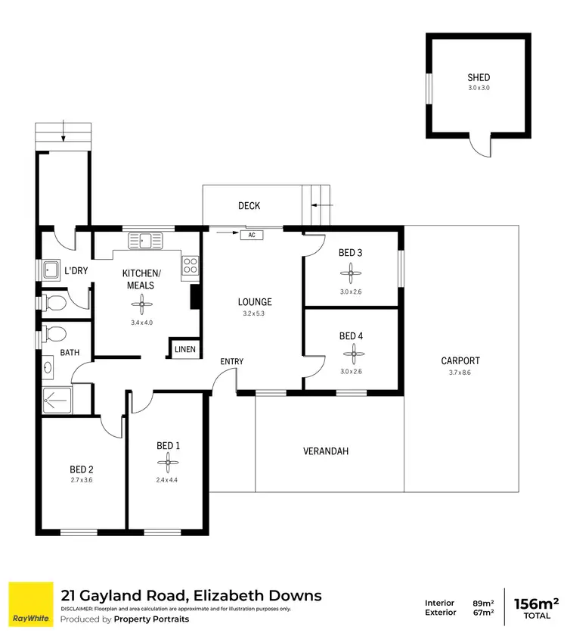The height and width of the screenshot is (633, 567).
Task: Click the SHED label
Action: [479, 77]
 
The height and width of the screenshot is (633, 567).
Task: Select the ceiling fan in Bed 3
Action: [351, 273]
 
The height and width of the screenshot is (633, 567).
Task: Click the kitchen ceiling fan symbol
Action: [141, 304]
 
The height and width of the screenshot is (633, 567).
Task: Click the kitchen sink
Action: [145, 241]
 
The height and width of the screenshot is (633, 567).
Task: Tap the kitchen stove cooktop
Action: [190, 265]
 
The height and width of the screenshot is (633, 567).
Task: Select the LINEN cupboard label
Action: [184, 349]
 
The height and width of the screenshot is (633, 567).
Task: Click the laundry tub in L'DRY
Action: [52, 270]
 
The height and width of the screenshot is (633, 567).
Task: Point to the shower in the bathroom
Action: [54, 398]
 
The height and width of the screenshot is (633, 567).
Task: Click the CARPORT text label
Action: [460, 361]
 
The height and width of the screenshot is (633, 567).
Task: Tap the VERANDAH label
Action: [326, 451]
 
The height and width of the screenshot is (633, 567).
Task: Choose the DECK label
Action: [249, 206]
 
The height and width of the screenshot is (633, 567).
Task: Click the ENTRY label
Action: [232, 362]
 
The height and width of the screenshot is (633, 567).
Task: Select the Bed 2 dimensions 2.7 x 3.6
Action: [81, 480]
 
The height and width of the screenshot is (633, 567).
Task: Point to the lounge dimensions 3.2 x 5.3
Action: [253, 313]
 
